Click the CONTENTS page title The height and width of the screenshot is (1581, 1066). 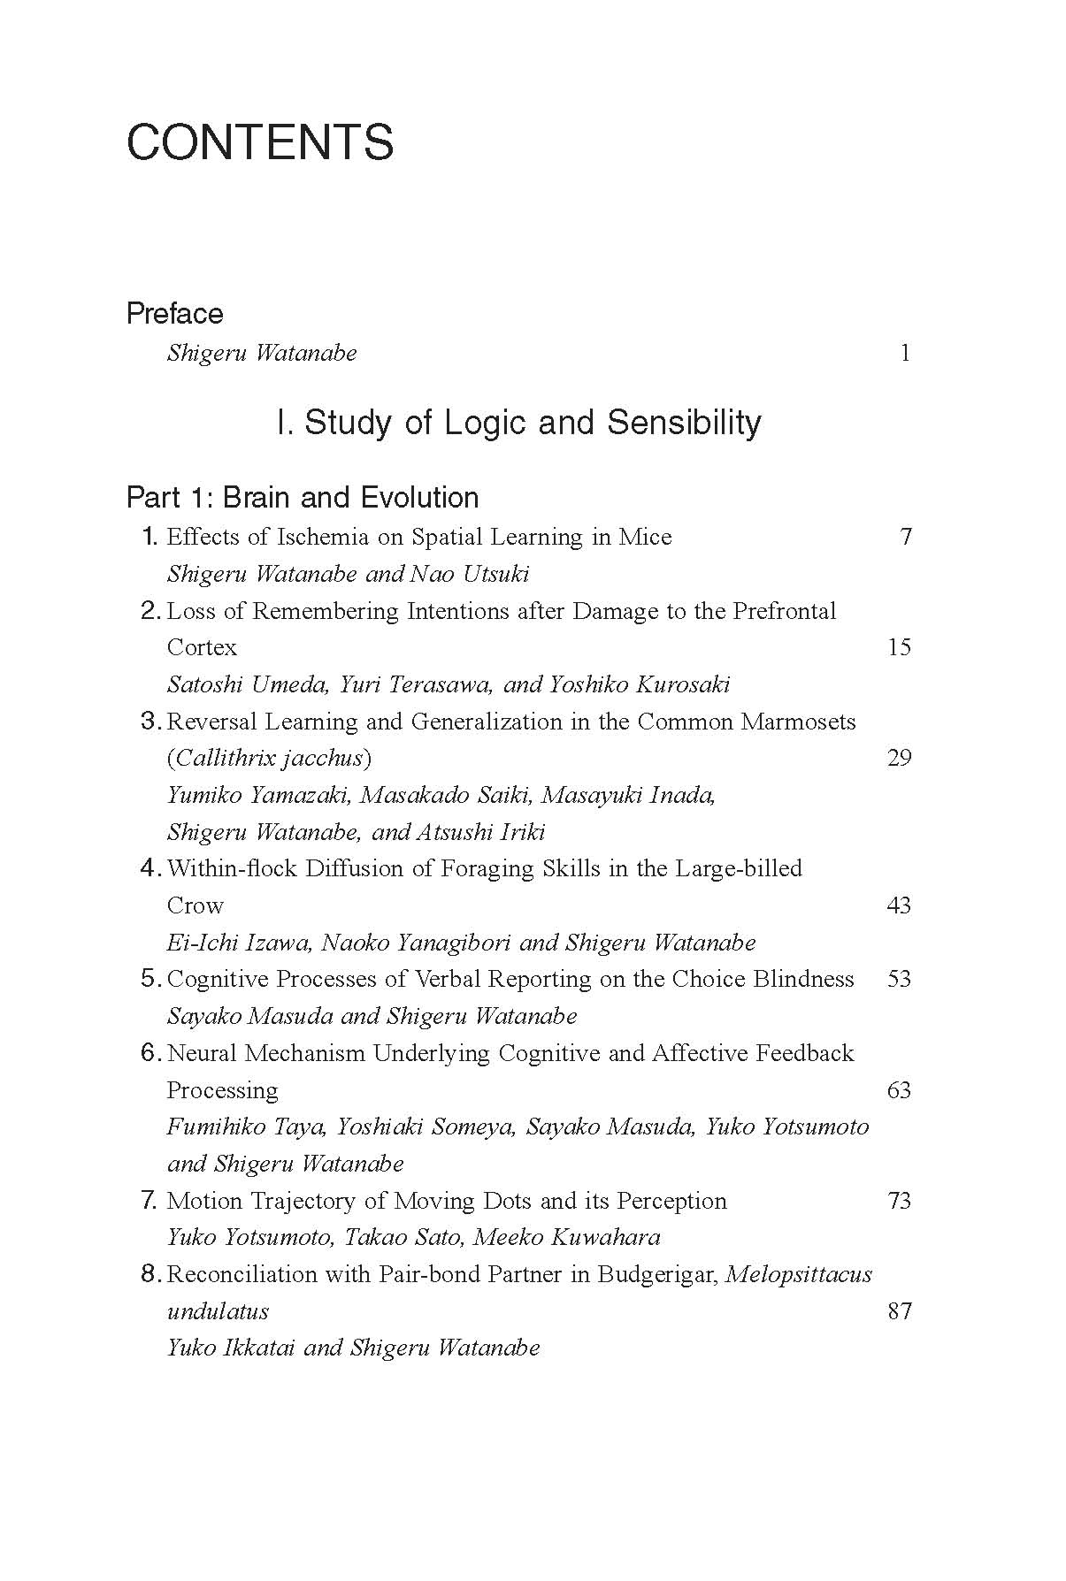(x=260, y=142)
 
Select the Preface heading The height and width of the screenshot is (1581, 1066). (x=174, y=313)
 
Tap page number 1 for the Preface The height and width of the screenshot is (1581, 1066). (x=904, y=353)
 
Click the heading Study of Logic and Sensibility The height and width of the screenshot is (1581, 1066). (x=518, y=423)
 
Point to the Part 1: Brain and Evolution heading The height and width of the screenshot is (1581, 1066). (x=303, y=497)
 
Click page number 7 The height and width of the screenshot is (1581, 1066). (x=905, y=537)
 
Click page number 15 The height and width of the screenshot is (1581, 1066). (x=899, y=647)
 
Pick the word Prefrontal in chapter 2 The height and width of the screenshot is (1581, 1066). (x=784, y=611)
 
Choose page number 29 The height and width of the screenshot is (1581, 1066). (x=899, y=758)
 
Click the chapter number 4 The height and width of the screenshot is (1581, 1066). (x=149, y=868)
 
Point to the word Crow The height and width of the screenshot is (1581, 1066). (x=196, y=905)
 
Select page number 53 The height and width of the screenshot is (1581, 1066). (x=899, y=979)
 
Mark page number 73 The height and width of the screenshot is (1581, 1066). (x=899, y=1201)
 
